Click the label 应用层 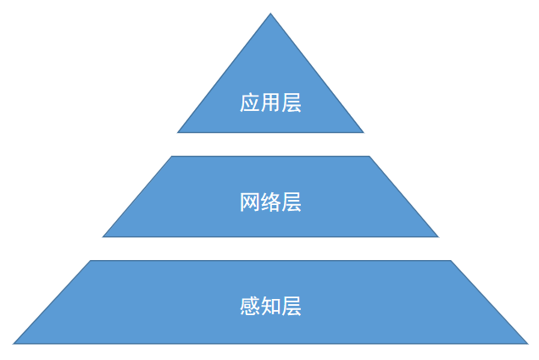(x=270, y=103)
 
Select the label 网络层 (x=270, y=202)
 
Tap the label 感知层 (x=270, y=306)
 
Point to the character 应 (x=250, y=103)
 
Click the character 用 (x=270, y=103)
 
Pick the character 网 (x=250, y=202)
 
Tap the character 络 (x=270, y=202)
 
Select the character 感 (x=250, y=306)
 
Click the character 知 (x=270, y=306)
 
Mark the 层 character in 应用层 (x=292, y=103)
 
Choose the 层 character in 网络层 (x=292, y=202)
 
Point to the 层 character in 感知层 (x=292, y=306)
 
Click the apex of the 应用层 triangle (x=271, y=14)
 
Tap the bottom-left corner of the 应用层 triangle (x=177, y=133)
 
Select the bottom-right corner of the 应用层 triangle (x=364, y=133)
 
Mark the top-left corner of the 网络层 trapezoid (x=172, y=156)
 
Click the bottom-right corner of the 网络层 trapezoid (x=439, y=237)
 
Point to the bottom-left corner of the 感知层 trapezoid (x=13, y=344)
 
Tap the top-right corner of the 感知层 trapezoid (x=451, y=261)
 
